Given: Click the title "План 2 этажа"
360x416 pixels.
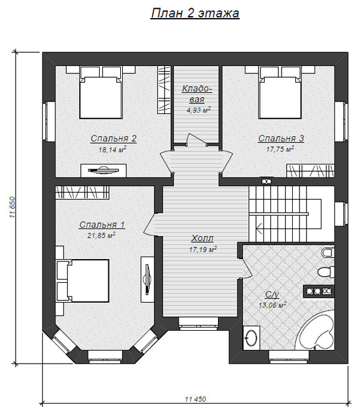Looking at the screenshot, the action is click(195, 13).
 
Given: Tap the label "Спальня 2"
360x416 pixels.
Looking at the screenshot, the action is click(113, 138).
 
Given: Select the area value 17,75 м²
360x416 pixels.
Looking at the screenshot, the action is click(280, 149).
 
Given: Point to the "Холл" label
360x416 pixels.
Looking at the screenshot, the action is click(202, 239).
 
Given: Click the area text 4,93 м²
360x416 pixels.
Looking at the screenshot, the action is click(199, 110).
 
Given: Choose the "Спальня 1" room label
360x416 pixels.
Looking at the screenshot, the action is click(102, 225).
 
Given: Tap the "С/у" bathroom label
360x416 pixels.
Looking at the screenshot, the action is click(272, 295).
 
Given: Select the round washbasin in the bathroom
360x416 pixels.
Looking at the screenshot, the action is click(251, 338).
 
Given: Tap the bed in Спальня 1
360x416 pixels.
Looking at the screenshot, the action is click(83, 281).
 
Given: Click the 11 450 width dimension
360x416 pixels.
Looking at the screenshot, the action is click(195, 399).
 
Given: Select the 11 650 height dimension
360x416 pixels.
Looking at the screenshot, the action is click(13, 207).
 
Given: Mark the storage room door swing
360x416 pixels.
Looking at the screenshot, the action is click(197, 139).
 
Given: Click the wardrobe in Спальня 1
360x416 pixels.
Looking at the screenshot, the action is click(82, 192).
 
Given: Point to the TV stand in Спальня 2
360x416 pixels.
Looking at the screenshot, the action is click(103, 171).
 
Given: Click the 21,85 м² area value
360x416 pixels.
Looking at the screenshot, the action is click(102, 235).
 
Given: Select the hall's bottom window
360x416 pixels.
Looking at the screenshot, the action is click(199, 323).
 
